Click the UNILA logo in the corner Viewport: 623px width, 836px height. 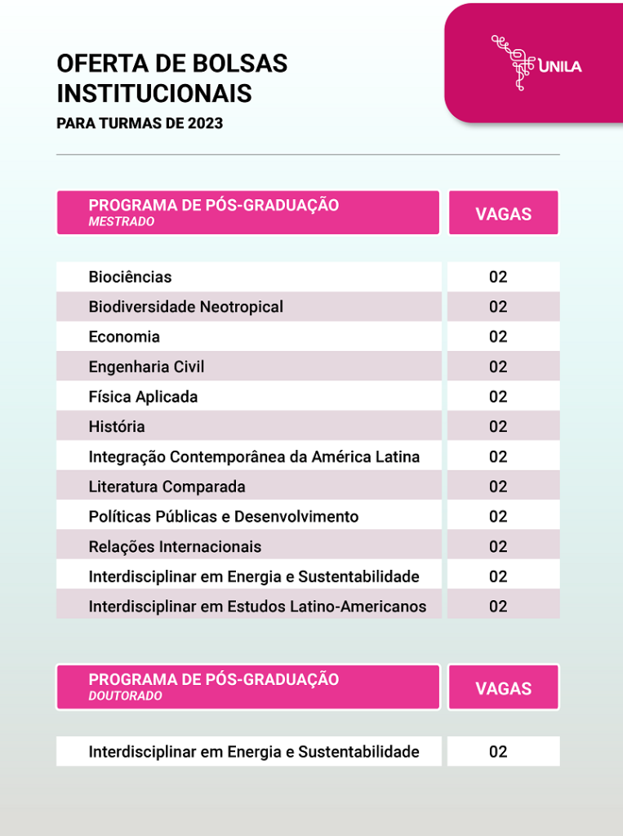click(536, 63)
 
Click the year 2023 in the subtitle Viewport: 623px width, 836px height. click(205, 124)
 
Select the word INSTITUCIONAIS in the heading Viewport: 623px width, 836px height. click(154, 93)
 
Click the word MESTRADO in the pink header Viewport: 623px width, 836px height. click(121, 222)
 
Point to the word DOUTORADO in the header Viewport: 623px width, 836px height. click(125, 696)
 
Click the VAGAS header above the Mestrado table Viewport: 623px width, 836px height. click(503, 214)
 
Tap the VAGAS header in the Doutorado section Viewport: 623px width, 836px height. click(503, 688)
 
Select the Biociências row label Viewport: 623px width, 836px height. click(130, 277)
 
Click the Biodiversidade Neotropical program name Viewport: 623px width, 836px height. click(185, 307)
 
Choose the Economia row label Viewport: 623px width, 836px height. click(124, 337)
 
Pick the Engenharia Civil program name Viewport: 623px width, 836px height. click(146, 367)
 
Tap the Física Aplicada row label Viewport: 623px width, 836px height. click(143, 397)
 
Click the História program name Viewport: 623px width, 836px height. click(117, 427)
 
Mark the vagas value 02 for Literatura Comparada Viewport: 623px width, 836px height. click(498, 487)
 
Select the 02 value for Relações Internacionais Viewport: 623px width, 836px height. click(498, 546)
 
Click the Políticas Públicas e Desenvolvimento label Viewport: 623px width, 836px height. click(223, 517)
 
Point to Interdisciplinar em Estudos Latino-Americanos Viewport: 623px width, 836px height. click(257, 607)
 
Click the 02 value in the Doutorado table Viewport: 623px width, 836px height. click(498, 752)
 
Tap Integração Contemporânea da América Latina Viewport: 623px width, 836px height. click(254, 457)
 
